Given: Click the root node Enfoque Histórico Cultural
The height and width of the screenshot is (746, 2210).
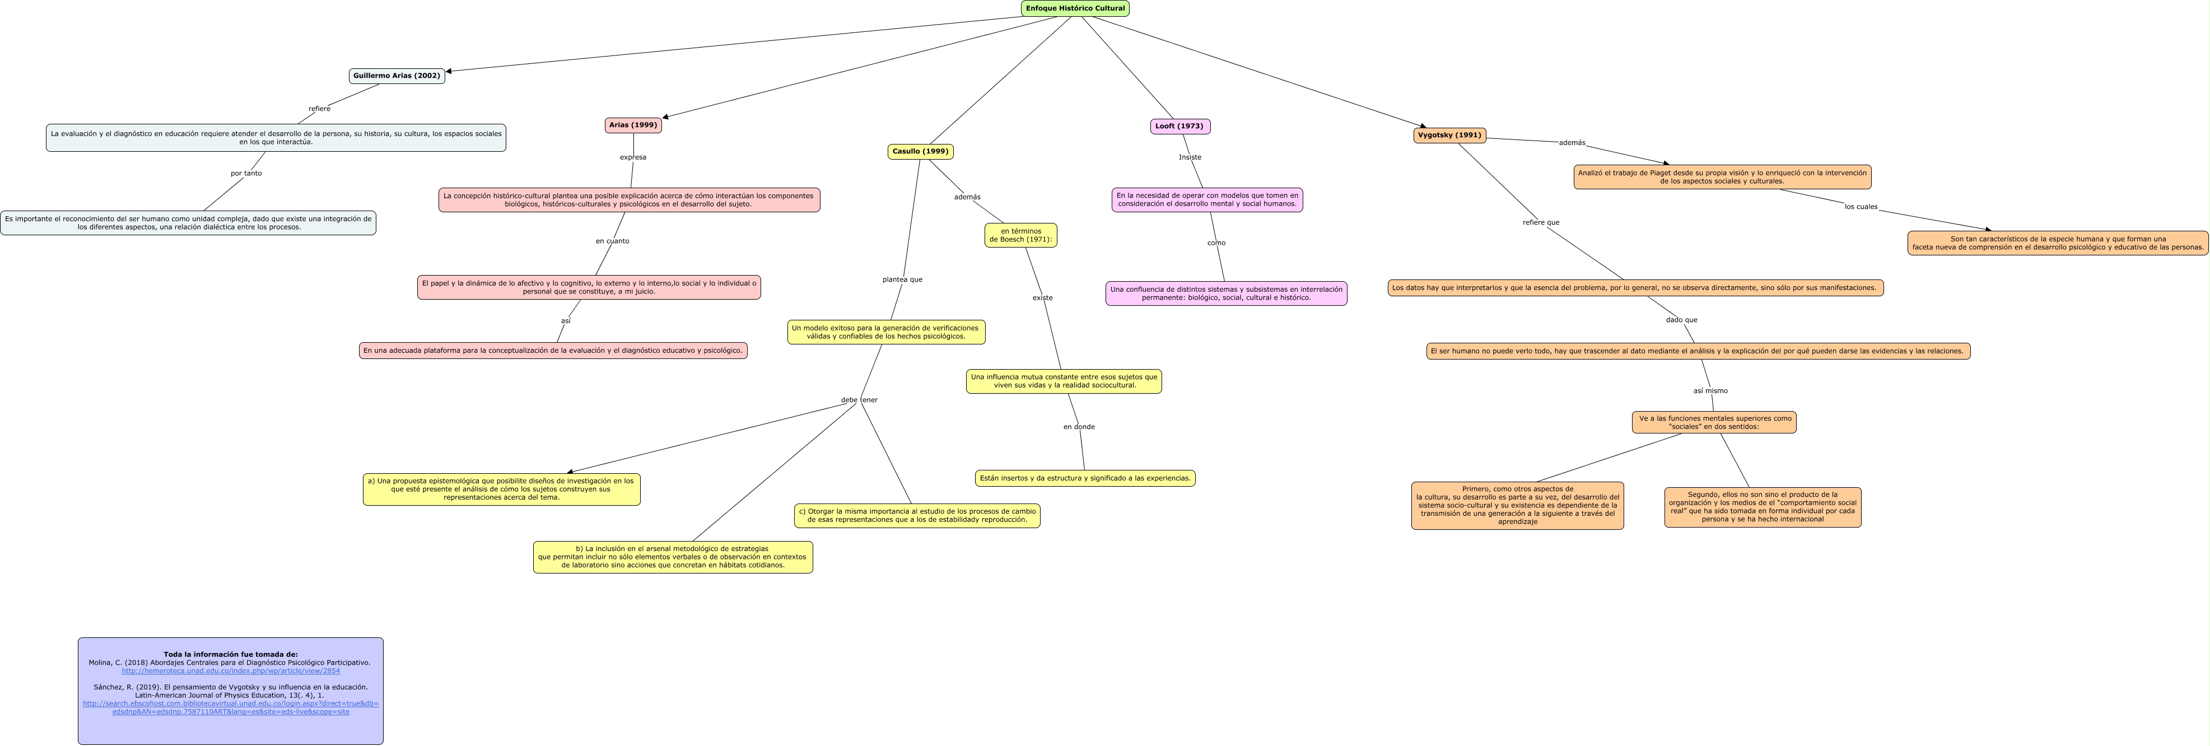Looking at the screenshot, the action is tap(1075, 8).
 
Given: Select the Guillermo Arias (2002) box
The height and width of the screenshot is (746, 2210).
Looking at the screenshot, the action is tap(397, 76).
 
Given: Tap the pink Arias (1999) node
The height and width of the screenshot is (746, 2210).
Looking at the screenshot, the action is tap(633, 125).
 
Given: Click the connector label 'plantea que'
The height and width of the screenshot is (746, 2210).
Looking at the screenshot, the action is tap(902, 279).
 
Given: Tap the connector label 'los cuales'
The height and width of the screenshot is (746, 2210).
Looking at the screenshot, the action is tap(1861, 207).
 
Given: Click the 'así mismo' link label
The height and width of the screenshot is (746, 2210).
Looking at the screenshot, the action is tap(1710, 391).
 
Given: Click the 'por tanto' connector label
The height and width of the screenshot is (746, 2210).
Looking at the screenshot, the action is tap(246, 173).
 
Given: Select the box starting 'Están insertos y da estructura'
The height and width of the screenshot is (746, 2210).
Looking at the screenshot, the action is tap(1085, 478).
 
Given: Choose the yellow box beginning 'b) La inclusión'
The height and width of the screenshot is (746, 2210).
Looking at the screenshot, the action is tap(673, 557).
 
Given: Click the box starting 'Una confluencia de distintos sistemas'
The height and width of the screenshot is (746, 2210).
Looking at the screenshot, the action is tap(1226, 293).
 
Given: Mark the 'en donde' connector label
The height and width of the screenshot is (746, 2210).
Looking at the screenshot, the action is tap(1079, 427).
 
